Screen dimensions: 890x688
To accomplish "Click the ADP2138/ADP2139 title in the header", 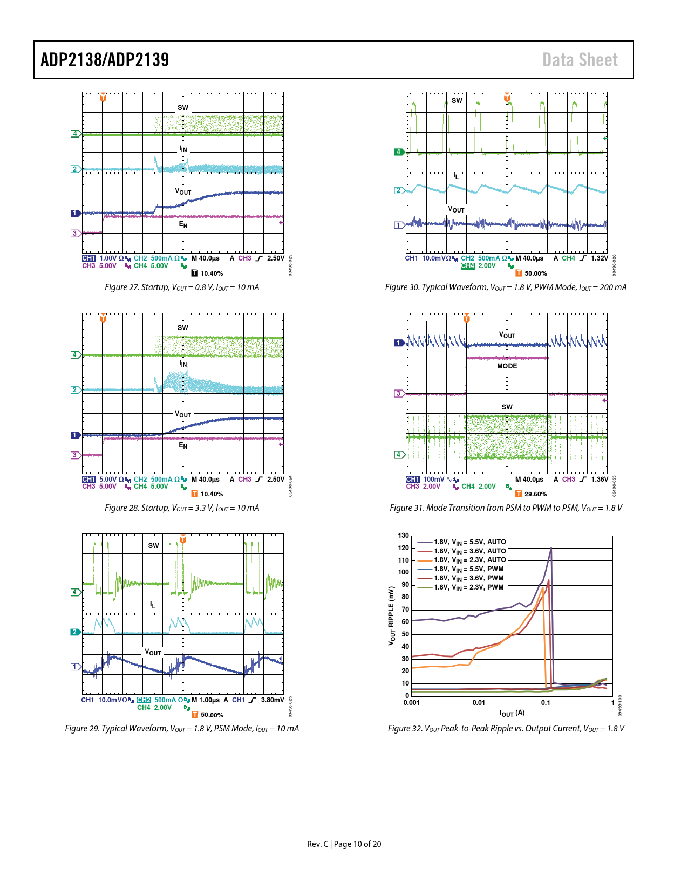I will point(105,60).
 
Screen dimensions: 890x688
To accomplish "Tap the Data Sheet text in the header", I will point(580,60).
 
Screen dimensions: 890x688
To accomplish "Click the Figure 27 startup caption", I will point(182,287).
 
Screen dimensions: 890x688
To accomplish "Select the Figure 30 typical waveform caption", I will point(506,287).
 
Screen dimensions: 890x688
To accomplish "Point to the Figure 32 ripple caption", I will point(506,729).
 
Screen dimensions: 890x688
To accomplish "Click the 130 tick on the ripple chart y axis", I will point(404,536).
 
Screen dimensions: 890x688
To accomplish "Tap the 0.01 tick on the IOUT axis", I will point(479,703).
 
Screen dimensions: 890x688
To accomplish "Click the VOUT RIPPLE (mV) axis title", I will point(392,615).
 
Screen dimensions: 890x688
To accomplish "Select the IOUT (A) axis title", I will point(512,713).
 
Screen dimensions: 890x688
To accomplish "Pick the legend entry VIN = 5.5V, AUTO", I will point(469,542).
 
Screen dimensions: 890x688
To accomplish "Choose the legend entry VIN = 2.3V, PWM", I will point(468,587).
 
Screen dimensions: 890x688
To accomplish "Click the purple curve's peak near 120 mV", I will point(551,548).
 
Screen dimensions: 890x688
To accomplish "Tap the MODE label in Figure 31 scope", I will point(507,366).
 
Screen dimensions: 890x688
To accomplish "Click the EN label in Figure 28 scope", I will point(183,446).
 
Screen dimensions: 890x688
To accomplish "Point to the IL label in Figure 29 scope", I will point(153,605).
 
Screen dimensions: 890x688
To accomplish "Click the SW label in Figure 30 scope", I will point(457,101).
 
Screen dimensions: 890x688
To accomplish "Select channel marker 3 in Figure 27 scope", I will point(75,234).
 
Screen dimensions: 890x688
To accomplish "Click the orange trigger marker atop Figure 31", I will point(467,319).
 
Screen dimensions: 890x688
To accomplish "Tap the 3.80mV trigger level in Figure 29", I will point(272,700).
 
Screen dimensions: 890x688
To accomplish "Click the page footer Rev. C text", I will point(318,844).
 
